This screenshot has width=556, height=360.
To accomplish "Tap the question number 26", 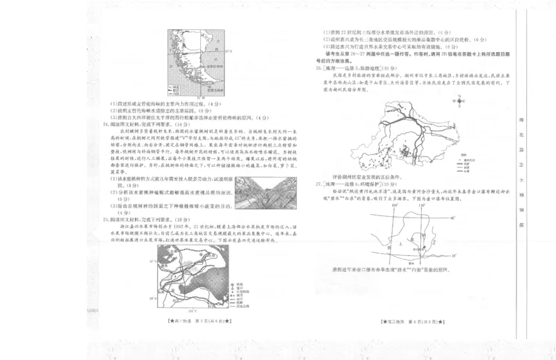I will (317, 68).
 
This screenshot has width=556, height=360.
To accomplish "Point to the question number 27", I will (317, 184).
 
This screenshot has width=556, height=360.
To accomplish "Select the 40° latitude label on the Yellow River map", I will (451, 218).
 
